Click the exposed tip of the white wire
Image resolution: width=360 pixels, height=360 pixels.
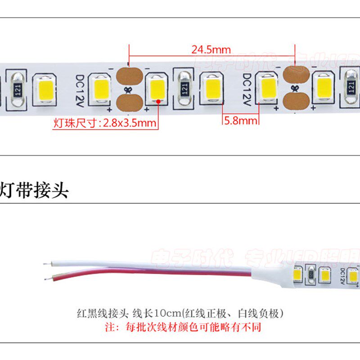(46, 263)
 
